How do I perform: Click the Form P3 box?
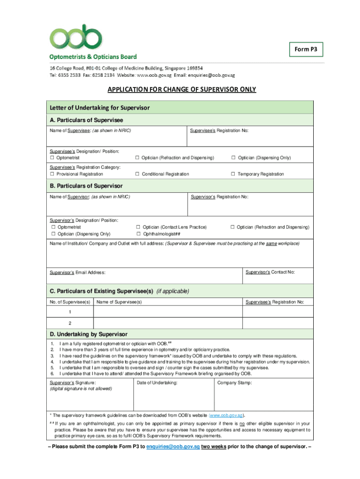[305, 49]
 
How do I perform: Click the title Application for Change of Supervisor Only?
[182, 90]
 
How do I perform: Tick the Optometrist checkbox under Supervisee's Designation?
[52, 158]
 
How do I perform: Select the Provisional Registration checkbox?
[52, 174]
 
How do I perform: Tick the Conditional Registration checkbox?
[137, 174]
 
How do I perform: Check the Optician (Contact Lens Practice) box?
[138, 227]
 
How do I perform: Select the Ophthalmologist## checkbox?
[138, 234]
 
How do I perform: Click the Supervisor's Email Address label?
[78, 273]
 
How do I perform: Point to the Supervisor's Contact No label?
[270, 272]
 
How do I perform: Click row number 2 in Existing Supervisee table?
[70, 323]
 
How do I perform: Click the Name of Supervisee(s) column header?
[119, 302]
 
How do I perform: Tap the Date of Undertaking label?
[157, 383]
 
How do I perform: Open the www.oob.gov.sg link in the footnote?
[226, 415]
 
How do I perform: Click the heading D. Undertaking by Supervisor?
[88, 334]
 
